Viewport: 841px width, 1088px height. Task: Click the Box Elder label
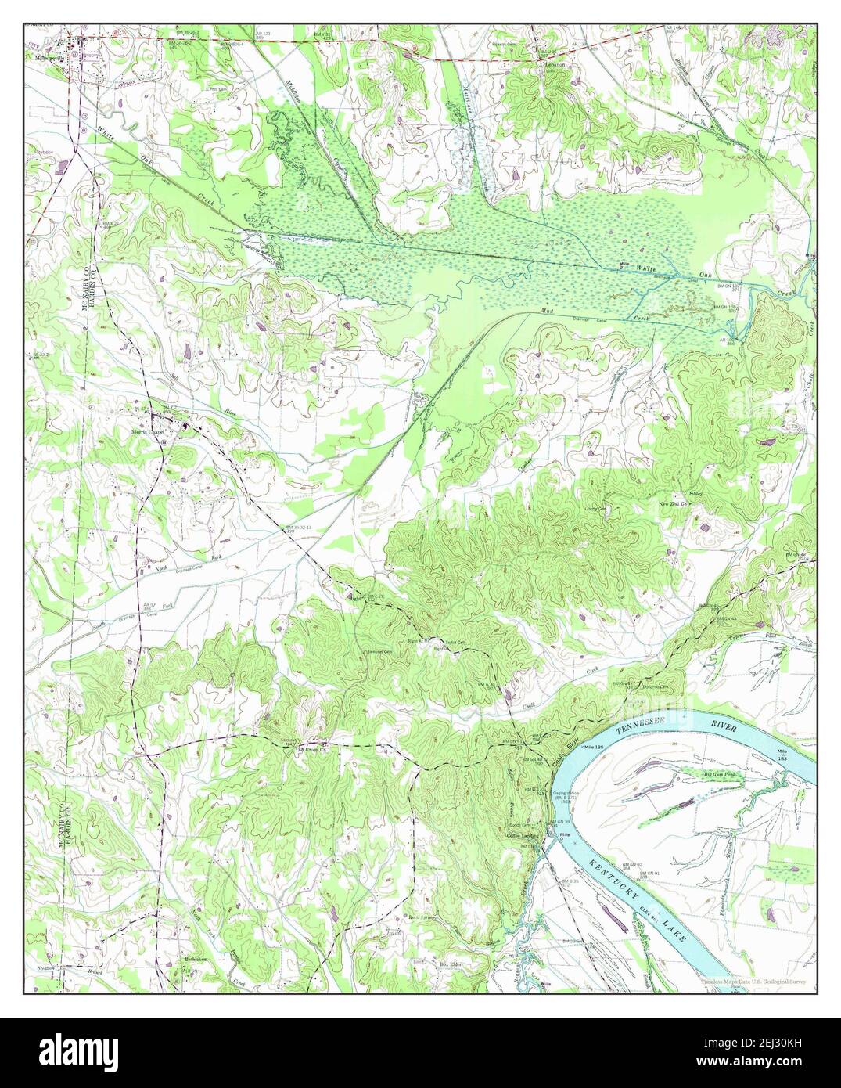pos(451,965)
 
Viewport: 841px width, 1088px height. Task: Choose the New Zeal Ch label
pos(672,503)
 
